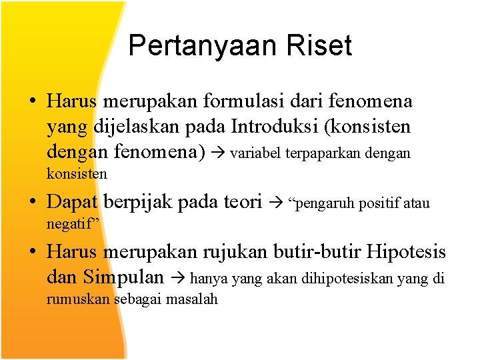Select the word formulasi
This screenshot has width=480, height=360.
(x=241, y=101)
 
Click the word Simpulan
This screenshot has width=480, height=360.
(x=128, y=277)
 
